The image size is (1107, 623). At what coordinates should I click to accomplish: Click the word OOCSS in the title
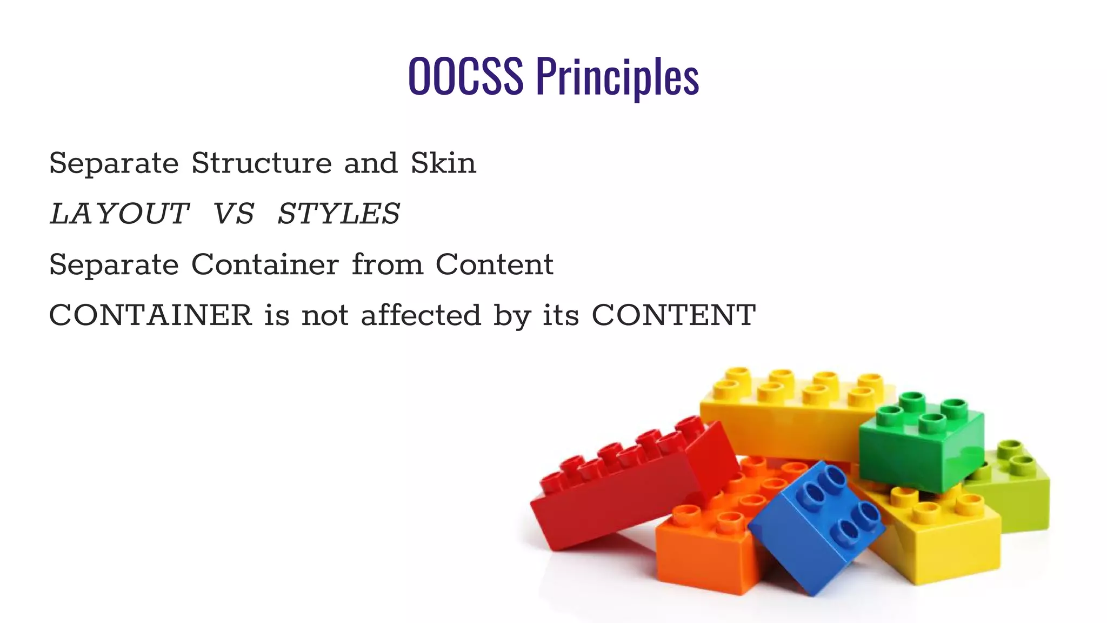coord(465,76)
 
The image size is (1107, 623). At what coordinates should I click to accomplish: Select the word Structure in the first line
coord(262,163)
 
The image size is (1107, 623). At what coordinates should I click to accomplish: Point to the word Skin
coord(443,163)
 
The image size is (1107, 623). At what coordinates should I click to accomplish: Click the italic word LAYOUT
coord(119,214)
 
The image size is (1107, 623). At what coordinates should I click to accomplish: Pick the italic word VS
coord(234,214)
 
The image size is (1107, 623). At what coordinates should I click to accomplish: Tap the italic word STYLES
coord(339,214)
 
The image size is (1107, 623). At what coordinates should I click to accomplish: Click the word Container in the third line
coord(265,264)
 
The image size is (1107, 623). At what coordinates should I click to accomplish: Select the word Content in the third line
coord(494,264)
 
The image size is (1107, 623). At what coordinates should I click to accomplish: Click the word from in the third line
coord(387,264)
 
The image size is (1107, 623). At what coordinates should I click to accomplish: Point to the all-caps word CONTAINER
coord(150,315)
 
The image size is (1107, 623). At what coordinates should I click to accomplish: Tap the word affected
coord(421,315)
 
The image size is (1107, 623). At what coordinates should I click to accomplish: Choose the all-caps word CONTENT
coord(673,315)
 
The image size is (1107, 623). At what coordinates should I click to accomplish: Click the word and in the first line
coord(371,163)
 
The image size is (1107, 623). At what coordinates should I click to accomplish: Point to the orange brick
coord(703,552)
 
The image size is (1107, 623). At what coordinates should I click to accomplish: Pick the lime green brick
coord(1022,498)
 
